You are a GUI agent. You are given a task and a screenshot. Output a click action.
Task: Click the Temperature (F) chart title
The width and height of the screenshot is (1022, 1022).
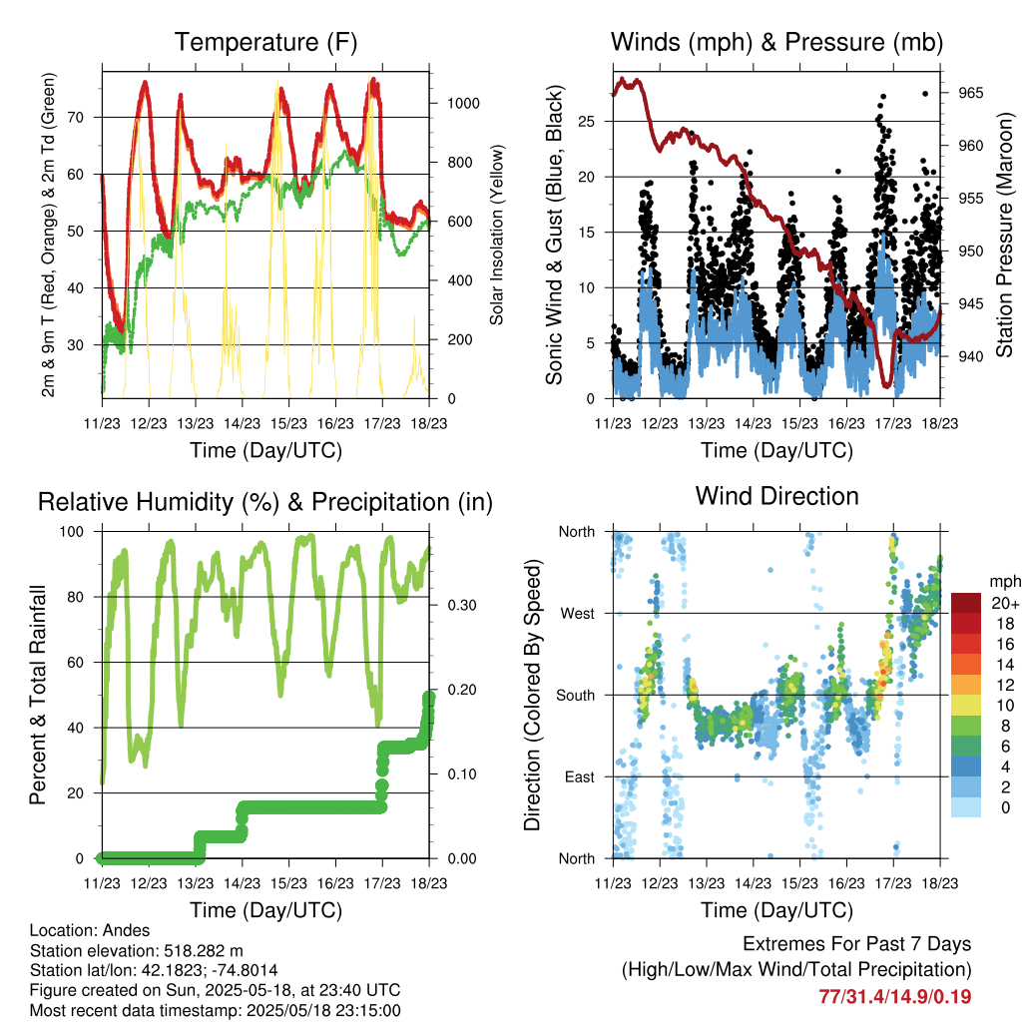coord(265,43)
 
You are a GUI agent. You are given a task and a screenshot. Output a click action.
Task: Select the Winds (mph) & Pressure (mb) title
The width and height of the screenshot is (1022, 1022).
coord(776,43)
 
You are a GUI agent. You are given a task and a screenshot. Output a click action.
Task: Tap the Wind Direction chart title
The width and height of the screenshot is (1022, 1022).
coord(776,496)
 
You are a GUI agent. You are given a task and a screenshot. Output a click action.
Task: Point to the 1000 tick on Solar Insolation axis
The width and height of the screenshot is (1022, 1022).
coord(465,104)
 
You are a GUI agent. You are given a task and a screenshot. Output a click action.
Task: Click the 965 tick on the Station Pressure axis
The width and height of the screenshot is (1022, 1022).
coord(970,93)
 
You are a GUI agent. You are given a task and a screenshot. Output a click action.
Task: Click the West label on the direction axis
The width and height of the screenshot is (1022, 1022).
coord(576,613)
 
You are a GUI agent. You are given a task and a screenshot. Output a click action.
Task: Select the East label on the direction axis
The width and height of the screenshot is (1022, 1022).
coord(578,776)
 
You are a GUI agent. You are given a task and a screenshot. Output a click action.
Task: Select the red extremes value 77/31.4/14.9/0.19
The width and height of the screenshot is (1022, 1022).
coord(895,996)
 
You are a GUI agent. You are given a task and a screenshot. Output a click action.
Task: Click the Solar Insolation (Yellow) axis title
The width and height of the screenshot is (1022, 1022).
coord(496,236)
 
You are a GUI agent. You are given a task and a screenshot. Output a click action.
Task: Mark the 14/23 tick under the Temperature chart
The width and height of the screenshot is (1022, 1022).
coord(242,422)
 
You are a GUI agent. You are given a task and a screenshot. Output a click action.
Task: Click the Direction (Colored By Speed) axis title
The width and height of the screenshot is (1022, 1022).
coord(532,695)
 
